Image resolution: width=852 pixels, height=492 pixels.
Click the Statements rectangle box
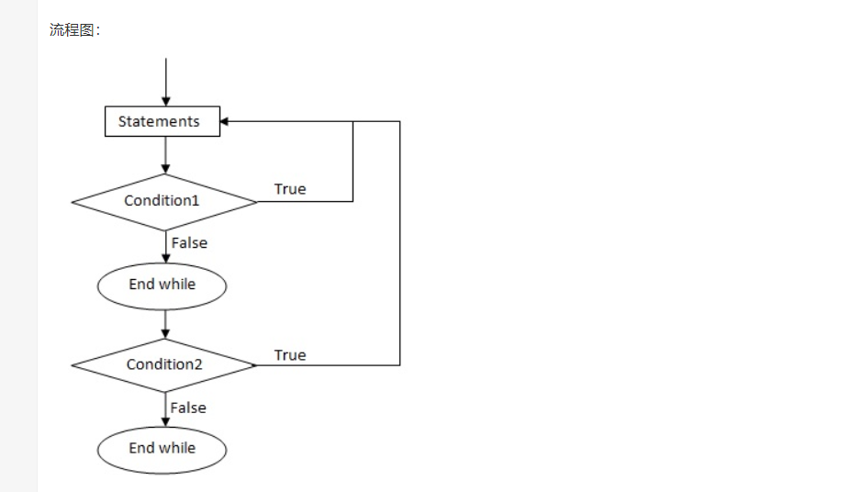(x=163, y=121)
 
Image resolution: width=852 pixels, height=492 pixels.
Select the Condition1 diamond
(x=164, y=201)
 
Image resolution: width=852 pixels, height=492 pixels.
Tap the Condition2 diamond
(x=164, y=364)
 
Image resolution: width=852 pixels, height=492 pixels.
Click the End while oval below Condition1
(x=162, y=285)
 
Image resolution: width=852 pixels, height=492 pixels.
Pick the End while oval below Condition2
(x=162, y=449)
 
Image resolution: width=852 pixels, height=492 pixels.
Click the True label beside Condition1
(x=290, y=189)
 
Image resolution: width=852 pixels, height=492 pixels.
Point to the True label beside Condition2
(x=290, y=355)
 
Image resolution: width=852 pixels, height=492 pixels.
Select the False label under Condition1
(x=189, y=243)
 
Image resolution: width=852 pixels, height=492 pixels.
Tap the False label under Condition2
(x=188, y=408)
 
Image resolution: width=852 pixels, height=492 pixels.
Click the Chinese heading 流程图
(x=75, y=30)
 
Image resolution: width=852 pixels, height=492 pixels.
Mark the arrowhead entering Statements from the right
(x=226, y=121)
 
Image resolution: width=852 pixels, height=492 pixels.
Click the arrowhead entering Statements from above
(x=165, y=102)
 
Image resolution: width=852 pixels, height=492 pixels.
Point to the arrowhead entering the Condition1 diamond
(x=165, y=169)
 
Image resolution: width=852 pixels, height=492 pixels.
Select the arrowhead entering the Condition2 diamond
(x=165, y=333)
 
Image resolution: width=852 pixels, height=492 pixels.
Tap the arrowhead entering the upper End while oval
(x=165, y=260)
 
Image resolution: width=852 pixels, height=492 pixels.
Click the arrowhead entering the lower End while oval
(x=165, y=422)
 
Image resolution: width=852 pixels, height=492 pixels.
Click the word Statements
(x=159, y=121)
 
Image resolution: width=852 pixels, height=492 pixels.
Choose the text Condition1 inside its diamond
(x=162, y=200)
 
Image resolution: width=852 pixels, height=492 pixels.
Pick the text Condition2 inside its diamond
(x=163, y=364)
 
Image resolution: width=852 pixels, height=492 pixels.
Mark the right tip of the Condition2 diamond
(x=256, y=365)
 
